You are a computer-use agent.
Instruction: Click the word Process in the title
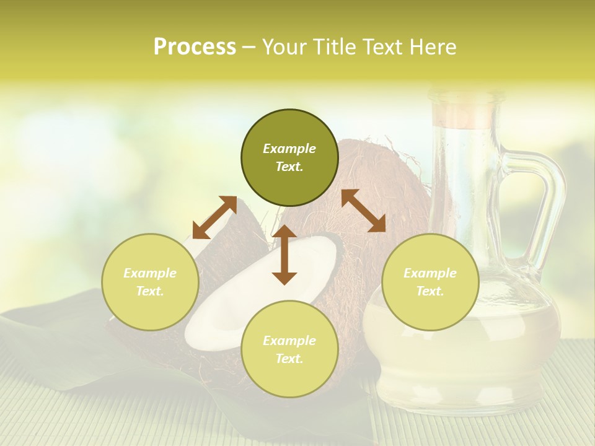(x=195, y=47)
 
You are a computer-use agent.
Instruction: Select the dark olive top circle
(x=289, y=158)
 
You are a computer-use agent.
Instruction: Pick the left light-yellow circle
(x=150, y=282)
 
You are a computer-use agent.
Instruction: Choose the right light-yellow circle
(x=430, y=282)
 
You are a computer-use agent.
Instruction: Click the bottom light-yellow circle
(x=289, y=349)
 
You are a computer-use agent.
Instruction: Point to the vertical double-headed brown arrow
(x=284, y=255)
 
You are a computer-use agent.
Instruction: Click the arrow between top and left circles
(x=214, y=217)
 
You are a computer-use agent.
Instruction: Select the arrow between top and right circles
(x=363, y=211)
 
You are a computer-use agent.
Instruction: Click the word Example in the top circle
(x=289, y=149)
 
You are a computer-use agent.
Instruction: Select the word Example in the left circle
(x=150, y=273)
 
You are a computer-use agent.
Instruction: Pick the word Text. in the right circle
(x=430, y=291)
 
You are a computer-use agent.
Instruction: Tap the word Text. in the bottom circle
(x=289, y=359)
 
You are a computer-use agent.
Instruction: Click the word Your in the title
(x=284, y=47)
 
